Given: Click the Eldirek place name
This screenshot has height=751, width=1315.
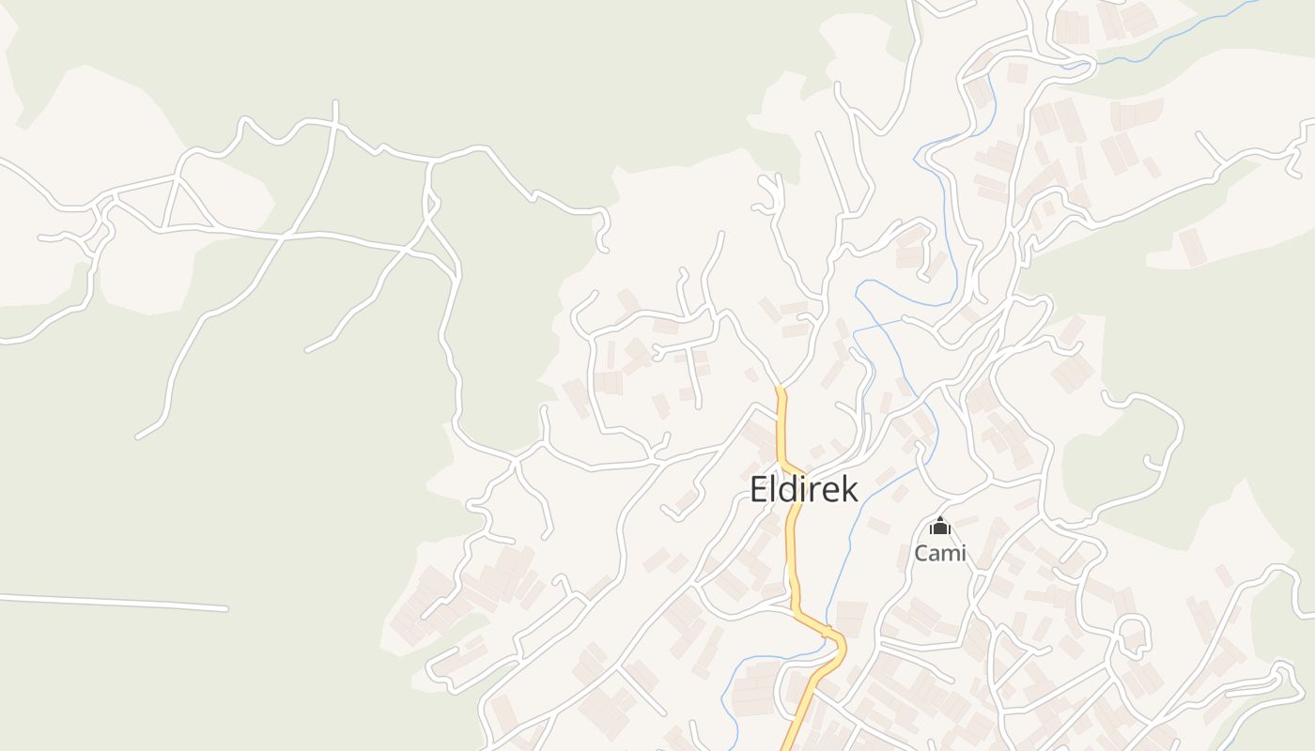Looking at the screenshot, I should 803,489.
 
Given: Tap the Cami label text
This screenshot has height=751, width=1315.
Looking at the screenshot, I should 940,553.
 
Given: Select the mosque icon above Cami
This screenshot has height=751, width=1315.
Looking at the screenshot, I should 940,526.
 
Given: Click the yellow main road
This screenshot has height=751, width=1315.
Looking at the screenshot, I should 794,563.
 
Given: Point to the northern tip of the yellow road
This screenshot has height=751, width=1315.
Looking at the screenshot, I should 780,389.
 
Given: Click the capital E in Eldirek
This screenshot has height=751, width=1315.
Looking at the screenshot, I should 759,489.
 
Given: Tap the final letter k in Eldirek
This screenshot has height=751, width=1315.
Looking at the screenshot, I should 849,489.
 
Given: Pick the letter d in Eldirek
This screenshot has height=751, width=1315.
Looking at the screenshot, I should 788,489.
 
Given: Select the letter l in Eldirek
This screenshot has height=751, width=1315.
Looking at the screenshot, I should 774,489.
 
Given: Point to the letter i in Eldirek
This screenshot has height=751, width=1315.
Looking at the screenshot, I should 803,489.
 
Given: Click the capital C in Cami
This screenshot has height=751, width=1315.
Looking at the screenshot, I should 922,553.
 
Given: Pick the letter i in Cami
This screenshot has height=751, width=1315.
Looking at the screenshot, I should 963,553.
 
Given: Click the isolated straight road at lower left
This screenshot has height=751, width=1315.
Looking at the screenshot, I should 113,602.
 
